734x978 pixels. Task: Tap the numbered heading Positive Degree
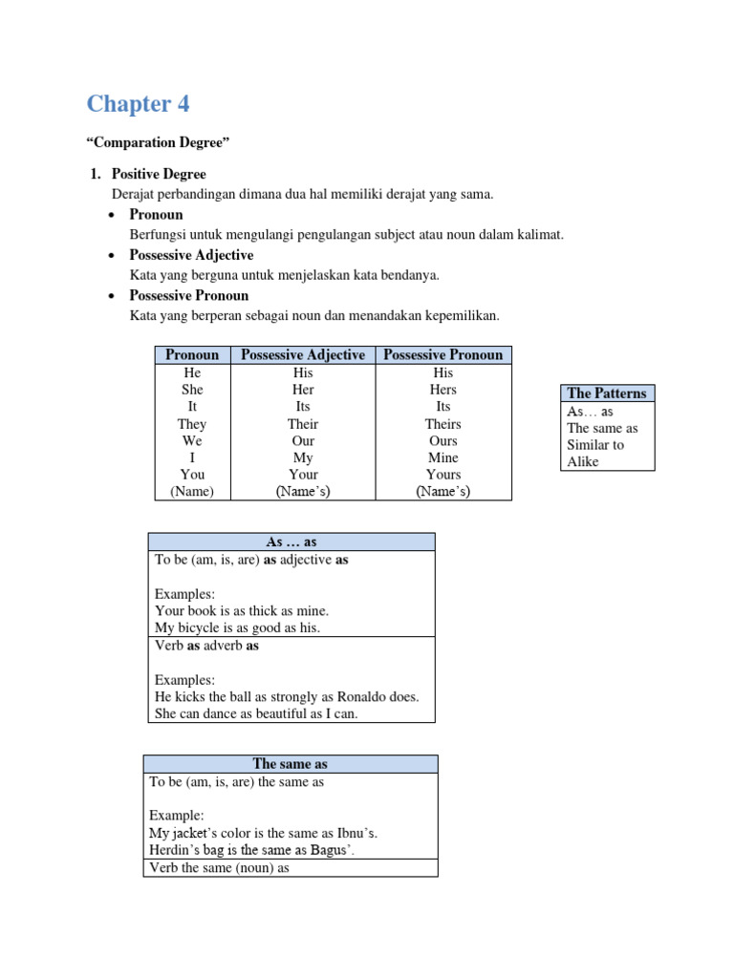159,174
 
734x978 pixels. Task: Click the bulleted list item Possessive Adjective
191,255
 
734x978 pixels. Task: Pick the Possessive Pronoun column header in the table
443,354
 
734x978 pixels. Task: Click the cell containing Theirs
443,423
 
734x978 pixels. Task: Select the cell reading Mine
443,457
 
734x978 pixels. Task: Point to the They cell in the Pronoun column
192,423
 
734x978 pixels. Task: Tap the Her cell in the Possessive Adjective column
303,390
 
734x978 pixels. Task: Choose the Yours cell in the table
443,475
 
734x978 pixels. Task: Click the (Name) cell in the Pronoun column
192,492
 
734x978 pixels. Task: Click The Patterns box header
606,393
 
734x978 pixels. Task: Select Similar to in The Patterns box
595,445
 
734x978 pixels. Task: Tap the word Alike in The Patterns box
583,461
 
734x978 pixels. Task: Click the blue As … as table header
291,542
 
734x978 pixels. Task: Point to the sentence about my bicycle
237,627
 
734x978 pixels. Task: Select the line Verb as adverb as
206,646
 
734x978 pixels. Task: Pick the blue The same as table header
291,763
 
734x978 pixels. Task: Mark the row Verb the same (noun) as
220,867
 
